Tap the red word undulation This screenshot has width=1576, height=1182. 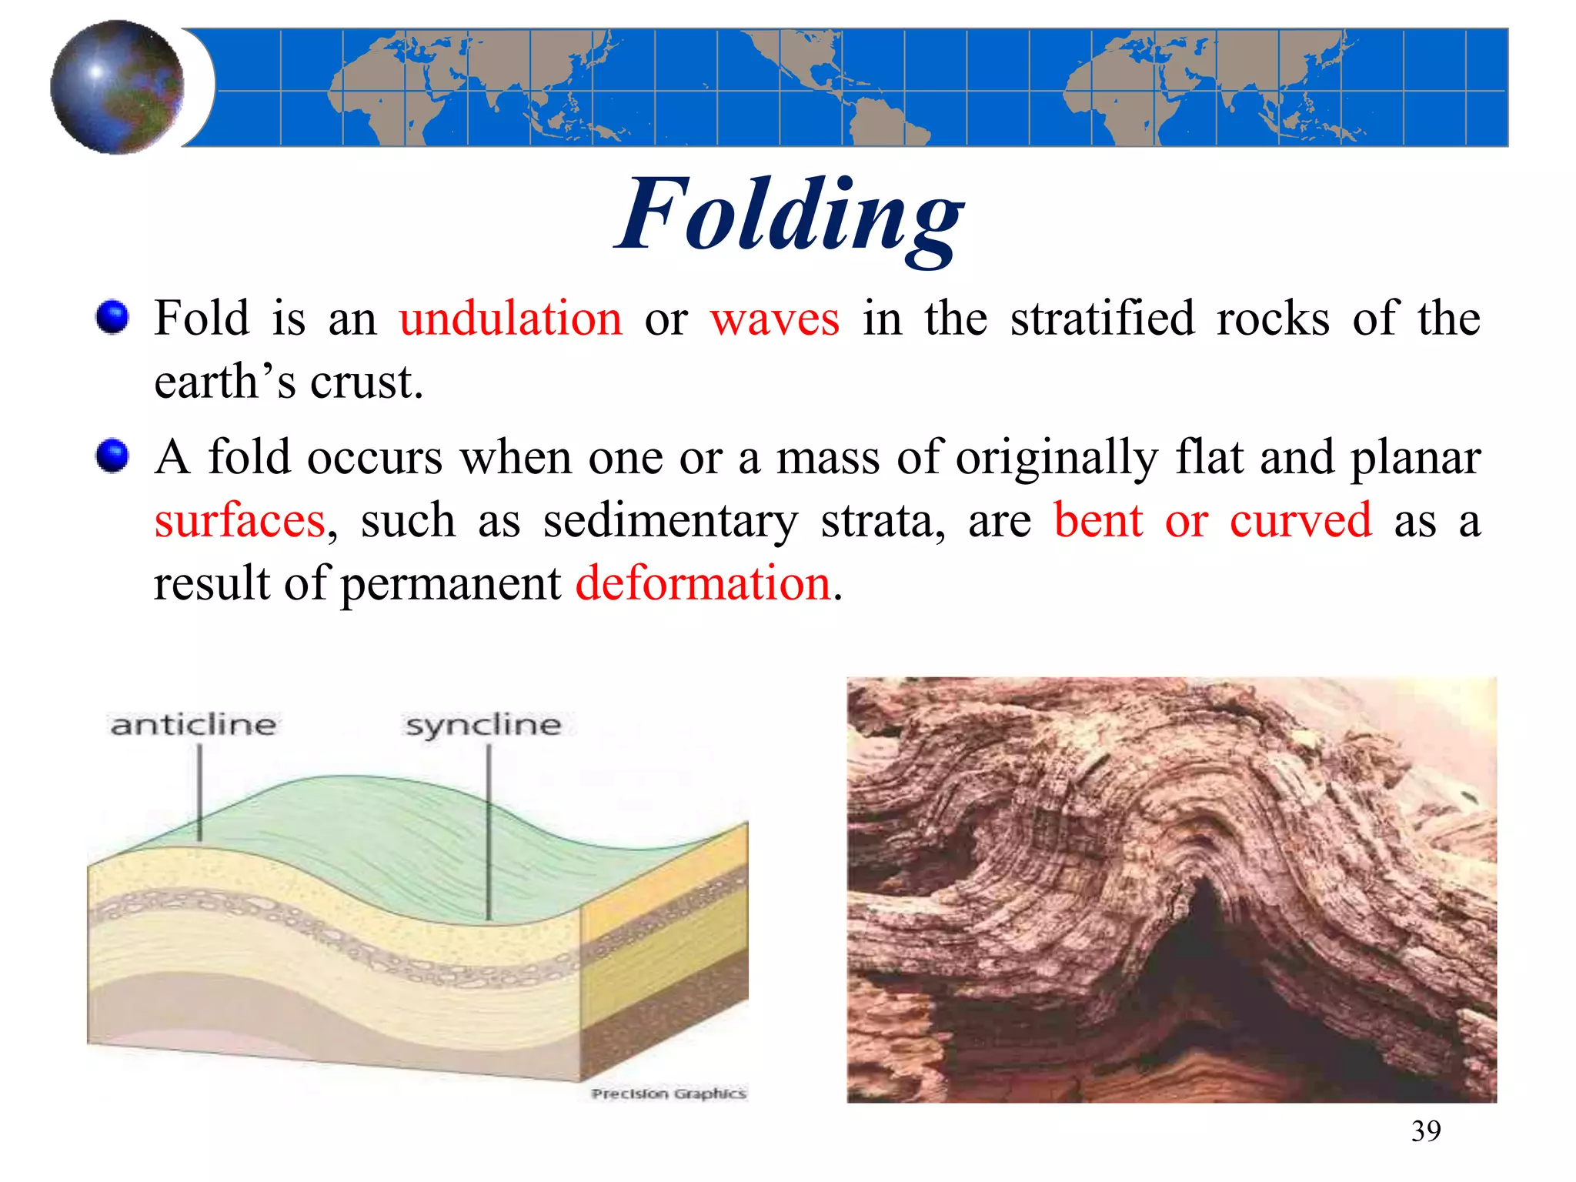[x=510, y=319]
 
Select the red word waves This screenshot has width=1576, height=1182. [x=774, y=319]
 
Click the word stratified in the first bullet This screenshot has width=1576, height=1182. [x=1102, y=319]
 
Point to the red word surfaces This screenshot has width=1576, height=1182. [x=240, y=521]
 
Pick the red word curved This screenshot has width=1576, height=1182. [x=1300, y=521]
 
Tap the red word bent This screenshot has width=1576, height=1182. [x=1098, y=521]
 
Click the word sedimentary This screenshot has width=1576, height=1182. [x=670, y=521]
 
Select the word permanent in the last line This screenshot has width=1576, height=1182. [x=450, y=583]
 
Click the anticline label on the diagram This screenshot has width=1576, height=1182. [x=193, y=725]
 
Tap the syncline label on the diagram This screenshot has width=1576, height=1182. [x=483, y=725]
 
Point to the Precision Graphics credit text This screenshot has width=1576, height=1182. [x=669, y=1094]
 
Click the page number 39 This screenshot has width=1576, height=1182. [x=1425, y=1131]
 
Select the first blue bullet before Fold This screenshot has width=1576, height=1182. [x=112, y=318]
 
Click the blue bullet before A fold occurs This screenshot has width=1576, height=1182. [x=112, y=456]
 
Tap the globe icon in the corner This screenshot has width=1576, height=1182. [x=117, y=87]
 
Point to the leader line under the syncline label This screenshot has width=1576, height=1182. [x=489, y=831]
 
